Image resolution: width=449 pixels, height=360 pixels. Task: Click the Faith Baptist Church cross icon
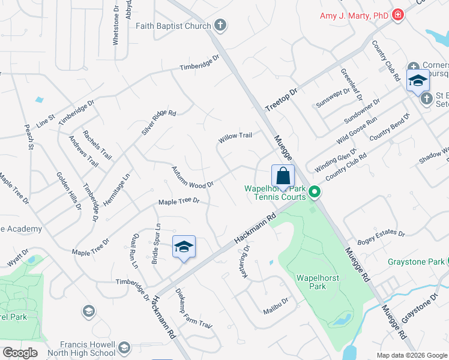(220, 26)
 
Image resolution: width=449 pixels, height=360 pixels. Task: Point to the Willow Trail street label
(235, 137)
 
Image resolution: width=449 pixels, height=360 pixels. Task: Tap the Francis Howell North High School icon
(124, 347)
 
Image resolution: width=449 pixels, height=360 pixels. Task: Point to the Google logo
(19, 353)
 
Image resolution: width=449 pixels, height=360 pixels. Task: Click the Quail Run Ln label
(134, 250)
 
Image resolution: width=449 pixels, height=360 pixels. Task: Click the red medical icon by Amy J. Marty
(397, 15)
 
